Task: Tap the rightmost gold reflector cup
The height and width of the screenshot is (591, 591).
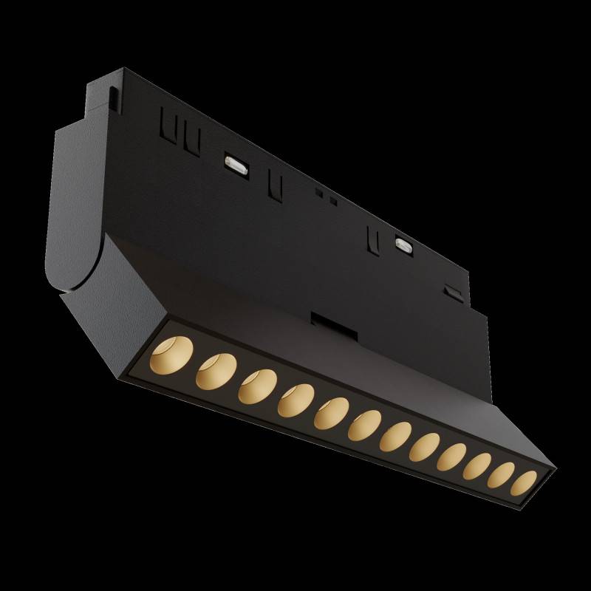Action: tap(525, 481)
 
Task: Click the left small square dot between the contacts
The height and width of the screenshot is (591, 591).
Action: tap(318, 194)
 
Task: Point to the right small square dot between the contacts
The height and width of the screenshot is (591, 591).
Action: tap(332, 200)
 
